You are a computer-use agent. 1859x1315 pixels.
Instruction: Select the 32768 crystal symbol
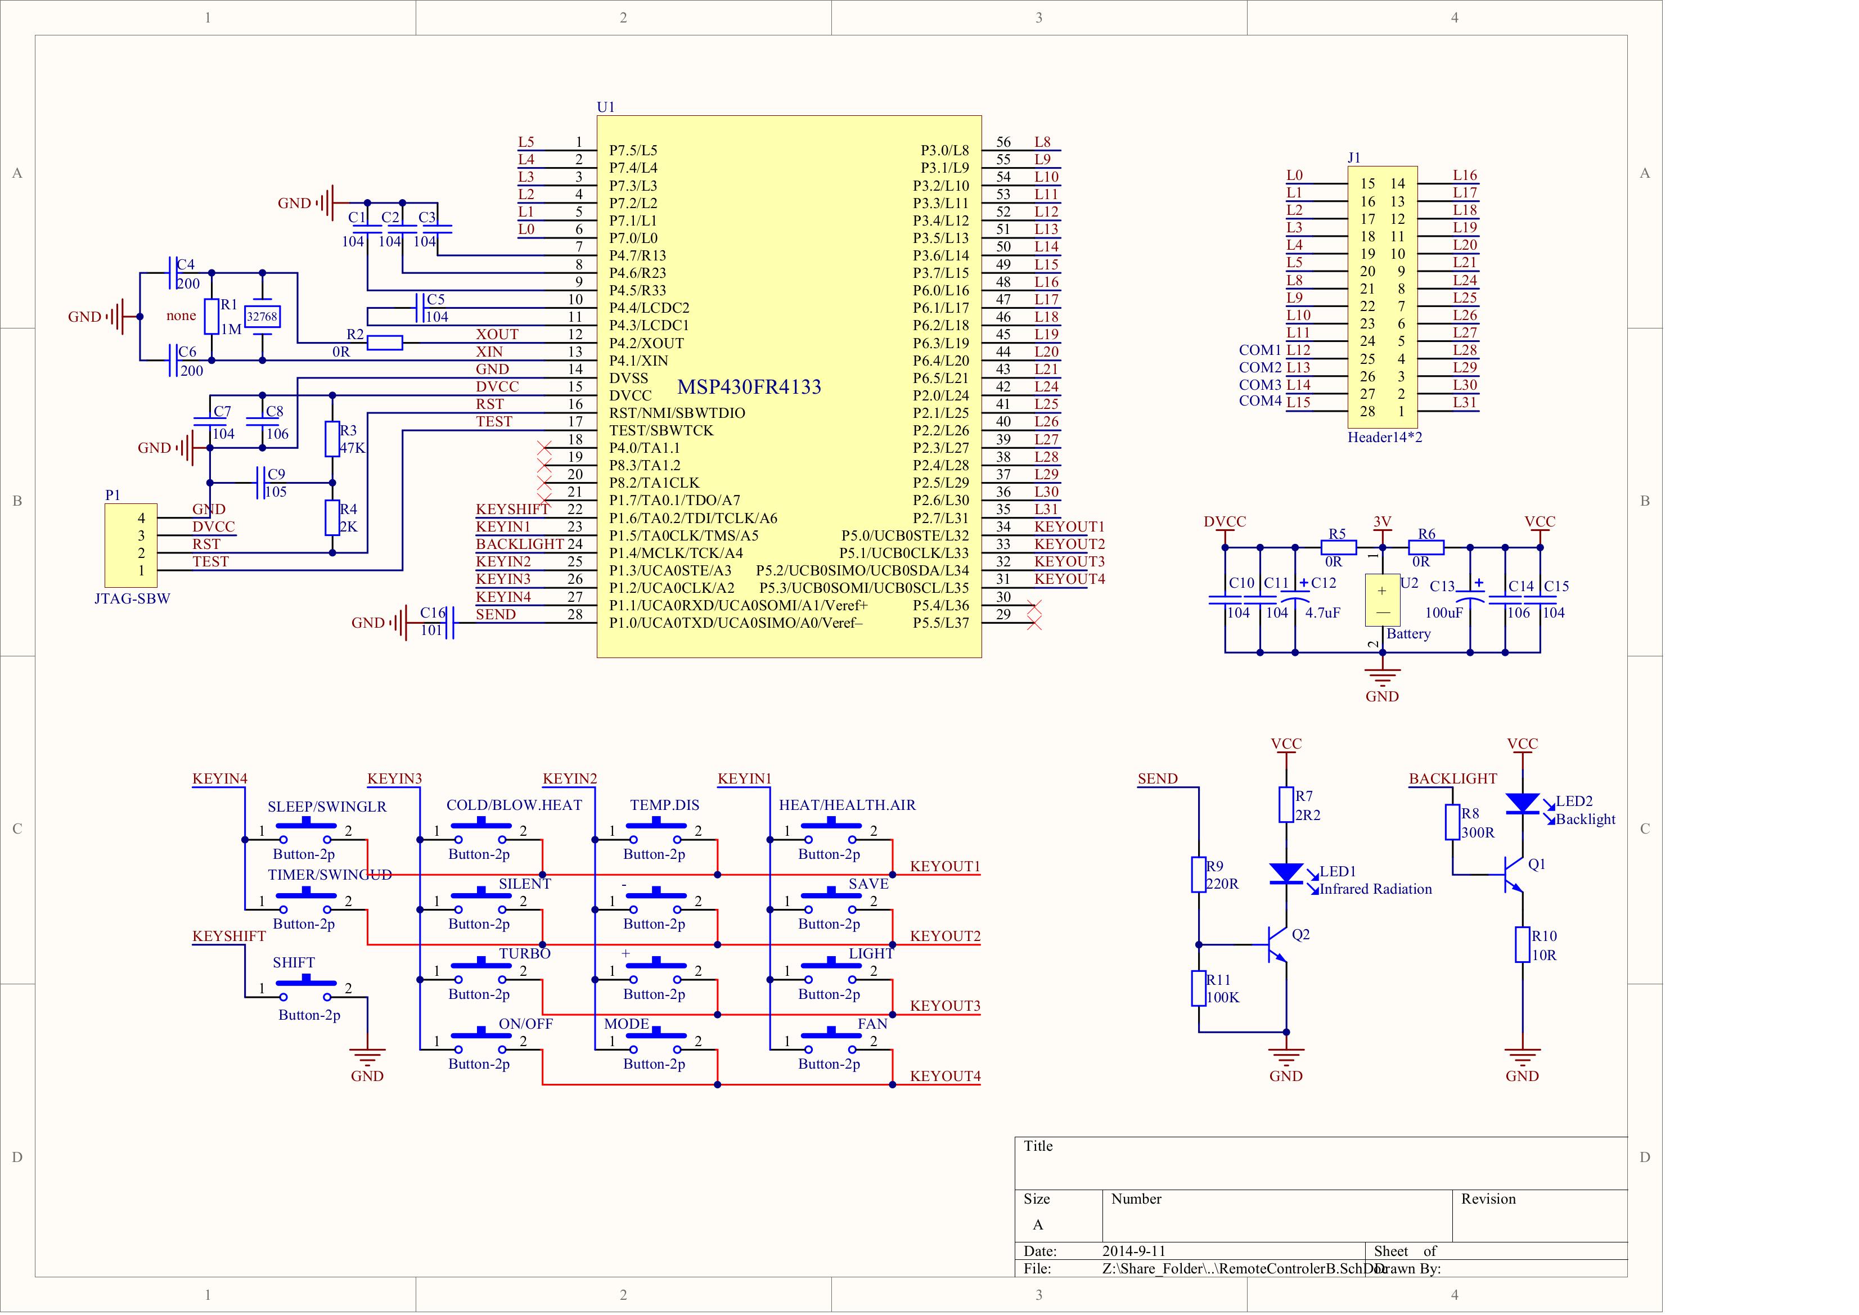pyautogui.click(x=262, y=317)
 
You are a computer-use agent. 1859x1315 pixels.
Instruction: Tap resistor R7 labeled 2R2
pyautogui.click(x=1286, y=804)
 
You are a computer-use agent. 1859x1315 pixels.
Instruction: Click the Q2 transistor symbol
pyautogui.click(x=1277, y=945)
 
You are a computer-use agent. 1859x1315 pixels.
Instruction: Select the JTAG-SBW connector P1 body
pyautogui.click(x=130, y=545)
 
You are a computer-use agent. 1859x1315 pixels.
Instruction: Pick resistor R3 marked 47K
pyautogui.click(x=332, y=439)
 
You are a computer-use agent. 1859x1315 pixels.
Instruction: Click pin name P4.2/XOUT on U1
pyautogui.click(x=646, y=343)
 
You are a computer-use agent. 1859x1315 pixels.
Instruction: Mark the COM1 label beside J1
pyautogui.click(x=1260, y=350)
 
